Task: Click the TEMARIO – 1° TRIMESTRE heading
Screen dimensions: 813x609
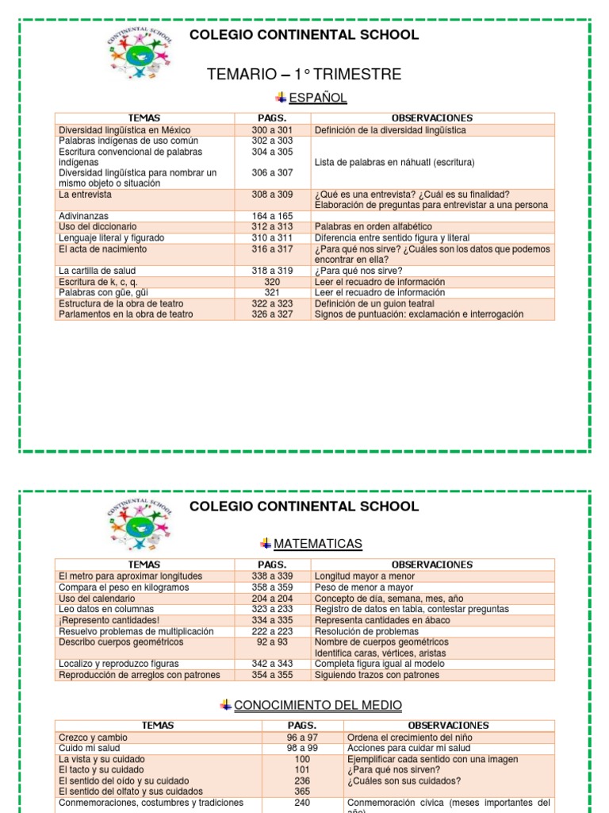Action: pos(304,75)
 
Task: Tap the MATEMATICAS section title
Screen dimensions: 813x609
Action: pos(317,544)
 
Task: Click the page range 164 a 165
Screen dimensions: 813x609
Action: pos(272,216)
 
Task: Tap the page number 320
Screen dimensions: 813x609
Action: pos(272,282)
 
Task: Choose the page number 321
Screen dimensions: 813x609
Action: pos(272,292)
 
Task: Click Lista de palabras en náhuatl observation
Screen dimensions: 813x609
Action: pos(394,162)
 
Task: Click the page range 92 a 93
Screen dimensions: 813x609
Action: pos(272,642)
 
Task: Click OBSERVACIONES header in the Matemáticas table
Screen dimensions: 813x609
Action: pos(432,564)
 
